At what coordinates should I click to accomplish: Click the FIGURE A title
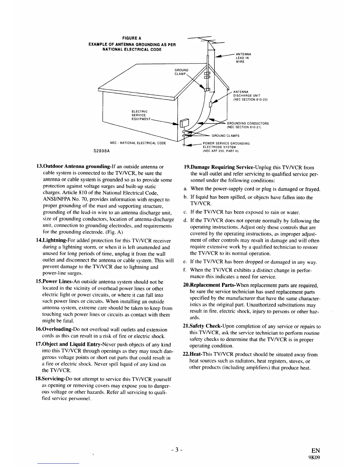[x=132, y=38]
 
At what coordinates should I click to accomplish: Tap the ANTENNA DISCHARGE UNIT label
[x=250, y=95]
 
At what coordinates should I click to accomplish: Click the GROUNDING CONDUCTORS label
[x=248, y=125]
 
